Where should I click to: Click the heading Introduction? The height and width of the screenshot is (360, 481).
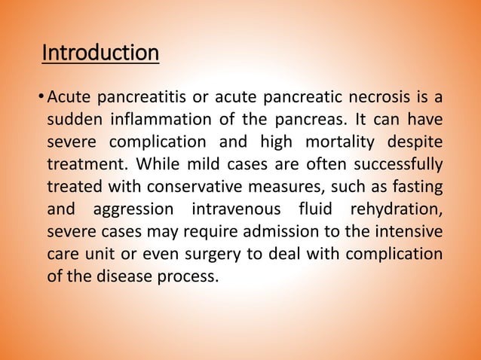pos(100,54)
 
